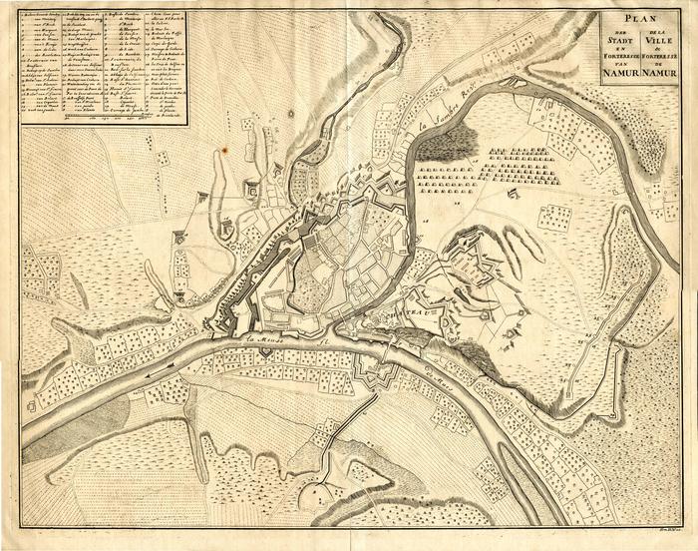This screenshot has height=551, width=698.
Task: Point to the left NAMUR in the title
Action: (617, 75)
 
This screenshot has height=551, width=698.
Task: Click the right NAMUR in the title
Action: (659, 75)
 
